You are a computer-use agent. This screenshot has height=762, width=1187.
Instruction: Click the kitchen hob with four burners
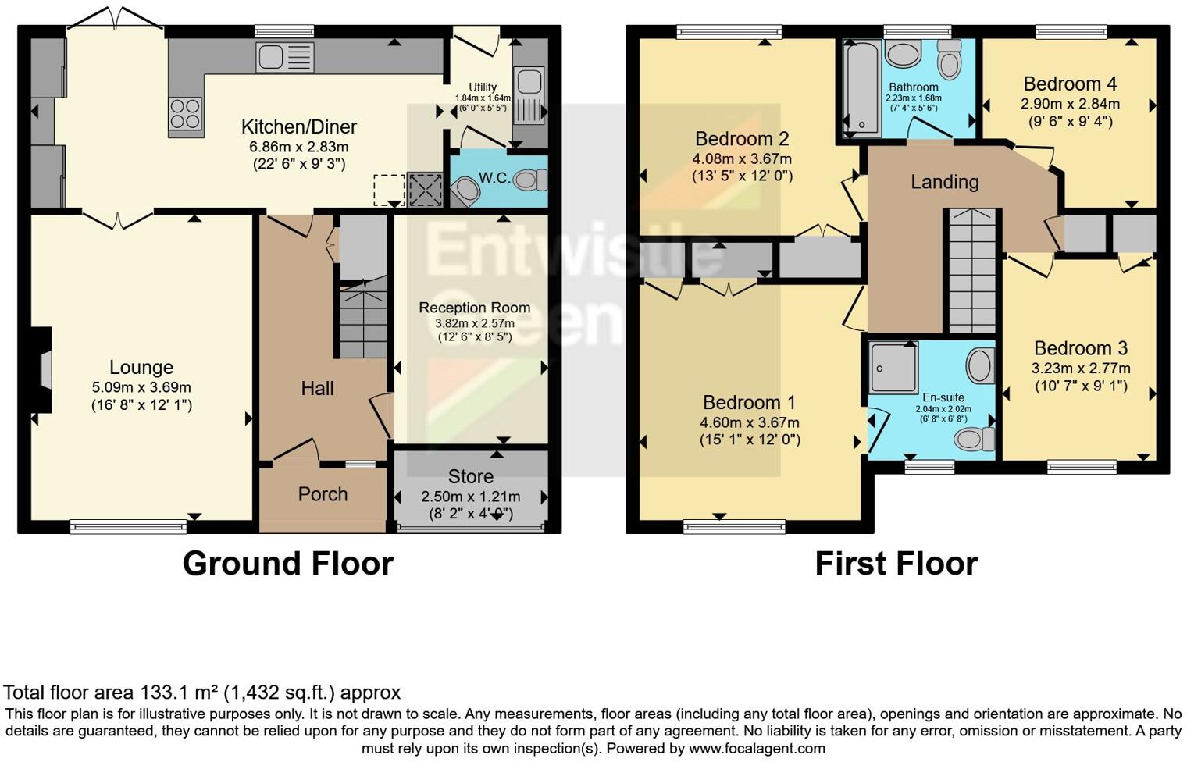click(186, 113)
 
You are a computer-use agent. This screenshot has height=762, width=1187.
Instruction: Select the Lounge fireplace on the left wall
click(43, 369)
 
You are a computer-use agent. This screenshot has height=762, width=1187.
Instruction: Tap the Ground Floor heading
click(287, 564)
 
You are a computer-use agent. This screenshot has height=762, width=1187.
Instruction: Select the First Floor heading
click(896, 564)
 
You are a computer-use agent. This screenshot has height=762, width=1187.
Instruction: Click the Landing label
click(944, 182)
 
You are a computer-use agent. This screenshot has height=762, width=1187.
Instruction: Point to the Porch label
click(323, 494)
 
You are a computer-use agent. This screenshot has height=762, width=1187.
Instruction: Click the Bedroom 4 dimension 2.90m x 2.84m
click(1070, 104)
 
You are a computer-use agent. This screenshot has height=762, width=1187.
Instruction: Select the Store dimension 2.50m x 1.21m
click(470, 497)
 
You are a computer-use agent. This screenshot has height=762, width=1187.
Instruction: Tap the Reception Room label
click(474, 308)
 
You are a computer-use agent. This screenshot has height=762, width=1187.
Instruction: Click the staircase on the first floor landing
click(971, 269)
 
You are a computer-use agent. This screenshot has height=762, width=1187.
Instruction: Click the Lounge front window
click(128, 527)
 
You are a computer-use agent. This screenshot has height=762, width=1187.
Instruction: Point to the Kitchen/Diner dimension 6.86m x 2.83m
click(298, 147)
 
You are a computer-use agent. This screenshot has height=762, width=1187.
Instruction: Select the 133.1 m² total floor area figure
click(180, 693)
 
